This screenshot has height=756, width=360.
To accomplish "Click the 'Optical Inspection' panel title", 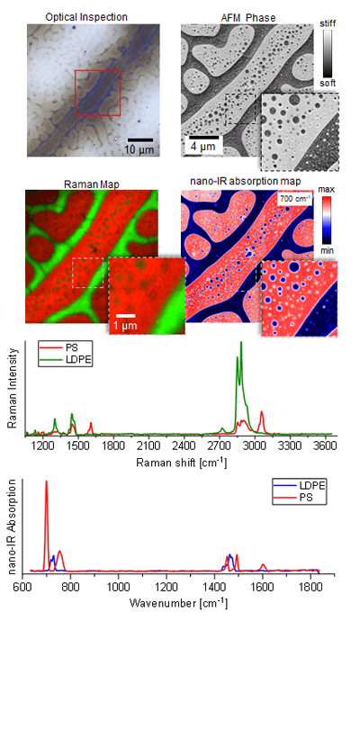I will (x=86, y=16).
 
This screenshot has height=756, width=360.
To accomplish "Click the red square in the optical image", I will (x=97, y=92).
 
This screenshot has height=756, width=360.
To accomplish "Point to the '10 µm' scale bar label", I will (x=138, y=148).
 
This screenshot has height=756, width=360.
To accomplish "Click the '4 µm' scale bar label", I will (x=202, y=145).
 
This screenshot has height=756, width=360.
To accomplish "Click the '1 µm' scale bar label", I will (x=126, y=323).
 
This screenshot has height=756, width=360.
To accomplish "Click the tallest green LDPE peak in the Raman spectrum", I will (x=240, y=344).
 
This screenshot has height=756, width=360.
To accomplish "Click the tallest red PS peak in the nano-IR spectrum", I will (x=46, y=482).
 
